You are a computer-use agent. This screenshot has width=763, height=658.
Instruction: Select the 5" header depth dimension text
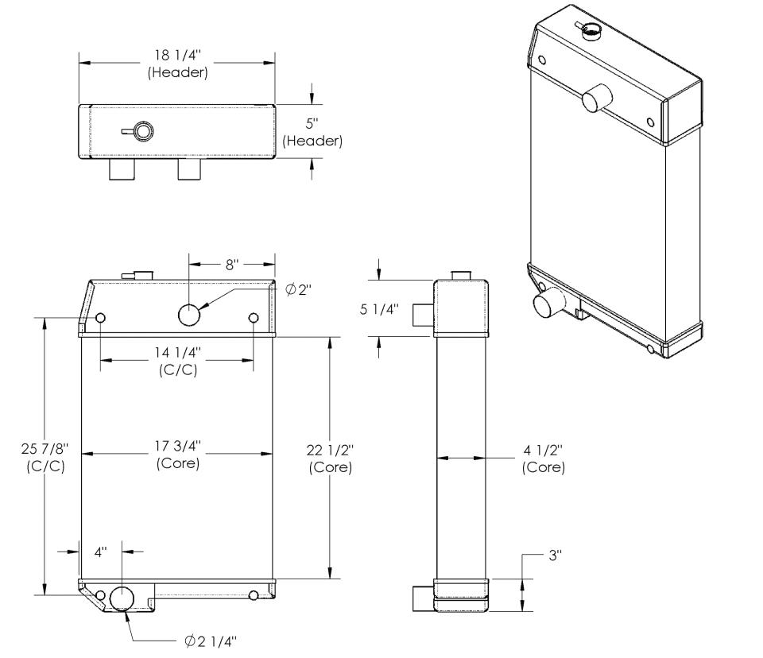pyautogui.click(x=312, y=133)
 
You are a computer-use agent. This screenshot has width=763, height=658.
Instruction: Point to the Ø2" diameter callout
pyautogui.click(x=298, y=290)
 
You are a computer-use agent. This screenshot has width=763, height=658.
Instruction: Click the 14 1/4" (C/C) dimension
pyautogui.click(x=179, y=359)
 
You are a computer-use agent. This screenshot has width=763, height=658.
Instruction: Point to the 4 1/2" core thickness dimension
pyautogui.click(x=544, y=459)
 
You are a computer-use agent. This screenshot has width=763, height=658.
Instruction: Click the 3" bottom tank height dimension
pyautogui.click(x=554, y=556)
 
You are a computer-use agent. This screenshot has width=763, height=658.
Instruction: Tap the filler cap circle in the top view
pyautogui.click(x=144, y=131)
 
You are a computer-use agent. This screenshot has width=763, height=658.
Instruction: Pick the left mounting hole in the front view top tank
pyautogui.click(x=101, y=319)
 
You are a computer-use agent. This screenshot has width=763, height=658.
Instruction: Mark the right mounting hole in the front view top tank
pyautogui.click(x=254, y=319)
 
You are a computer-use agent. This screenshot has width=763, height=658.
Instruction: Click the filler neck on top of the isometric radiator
pyautogui.click(x=591, y=31)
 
